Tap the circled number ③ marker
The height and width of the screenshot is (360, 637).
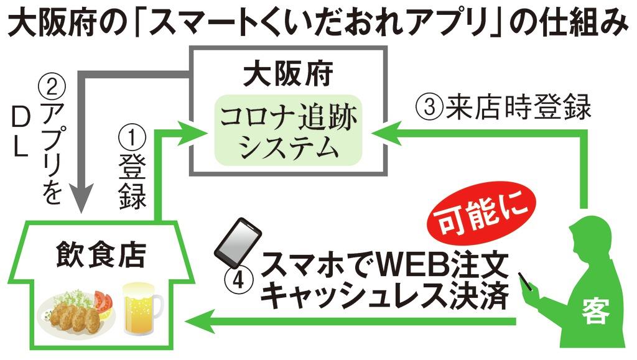[x=429, y=108]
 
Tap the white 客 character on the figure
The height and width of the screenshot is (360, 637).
[x=595, y=310]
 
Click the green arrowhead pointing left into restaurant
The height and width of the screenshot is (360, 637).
[x=198, y=321]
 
